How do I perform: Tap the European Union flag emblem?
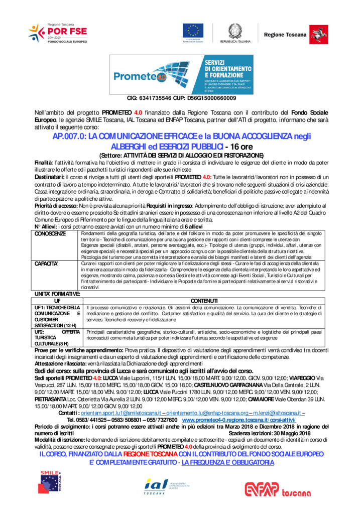point(193,31)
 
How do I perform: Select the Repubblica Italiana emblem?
point(234,31)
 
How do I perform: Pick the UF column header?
point(57,300)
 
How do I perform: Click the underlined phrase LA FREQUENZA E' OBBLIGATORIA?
point(228,462)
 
